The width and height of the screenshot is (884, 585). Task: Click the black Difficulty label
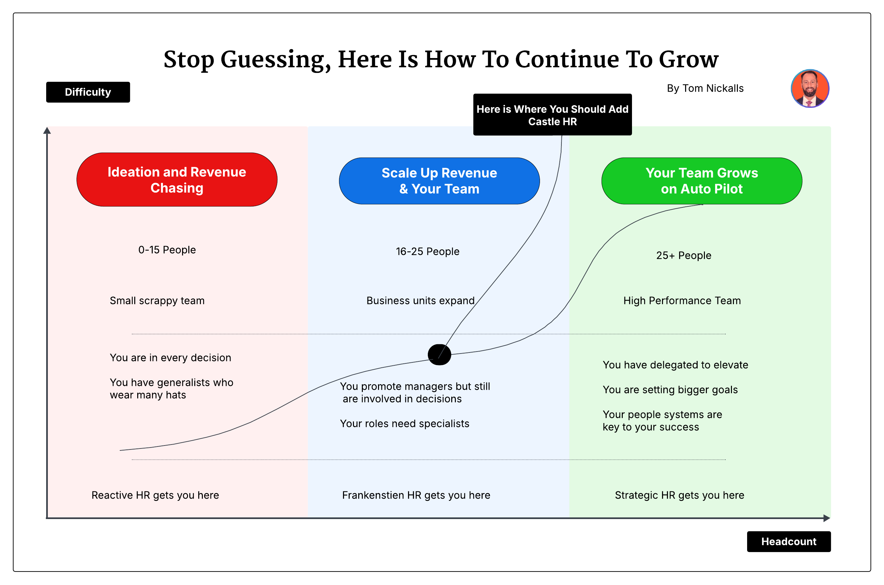pyautogui.click(x=88, y=92)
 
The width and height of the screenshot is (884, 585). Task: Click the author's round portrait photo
pyautogui.click(x=809, y=88)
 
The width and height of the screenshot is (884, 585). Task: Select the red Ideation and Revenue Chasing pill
pyautogui.click(x=177, y=179)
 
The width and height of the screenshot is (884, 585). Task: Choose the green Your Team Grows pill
pyautogui.click(x=701, y=181)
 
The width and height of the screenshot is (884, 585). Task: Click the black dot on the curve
pyautogui.click(x=439, y=354)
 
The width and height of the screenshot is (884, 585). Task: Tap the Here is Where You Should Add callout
pyautogui.click(x=552, y=115)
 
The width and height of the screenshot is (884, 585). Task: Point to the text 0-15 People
pyautogui.click(x=167, y=250)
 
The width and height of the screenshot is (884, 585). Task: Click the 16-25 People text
pyautogui.click(x=427, y=252)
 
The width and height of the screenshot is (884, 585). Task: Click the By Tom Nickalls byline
pyautogui.click(x=705, y=88)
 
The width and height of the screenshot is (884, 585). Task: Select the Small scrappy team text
pyautogui.click(x=157, y=301)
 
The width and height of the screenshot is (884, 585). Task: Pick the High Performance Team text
pyautogui.click(x=682, y=301)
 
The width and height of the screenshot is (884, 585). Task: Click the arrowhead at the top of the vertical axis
pyautogui.click(x=47, y=131)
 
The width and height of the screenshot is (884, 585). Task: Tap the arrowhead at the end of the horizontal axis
pyautogui.click(x=826, y=518)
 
